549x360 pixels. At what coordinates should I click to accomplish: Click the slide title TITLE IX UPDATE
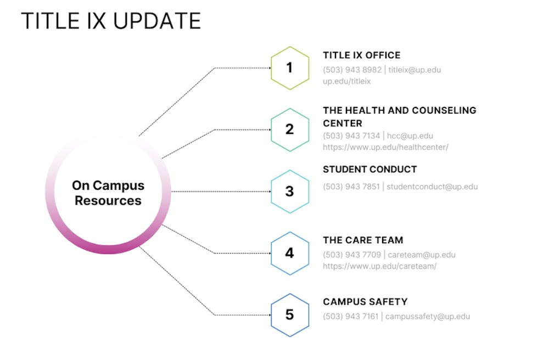(111, 21)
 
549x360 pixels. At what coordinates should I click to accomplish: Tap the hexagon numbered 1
(290, 68)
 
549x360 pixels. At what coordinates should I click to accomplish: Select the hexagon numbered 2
(290, 130)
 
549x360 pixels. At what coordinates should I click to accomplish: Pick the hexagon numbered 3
(290, 192)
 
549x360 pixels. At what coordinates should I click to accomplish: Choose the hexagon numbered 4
(290, 253)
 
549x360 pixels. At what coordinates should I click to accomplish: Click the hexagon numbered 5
(290, 315)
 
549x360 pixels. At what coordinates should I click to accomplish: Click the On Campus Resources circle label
(108, 193)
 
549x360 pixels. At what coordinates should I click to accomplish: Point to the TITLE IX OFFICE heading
(361, 55)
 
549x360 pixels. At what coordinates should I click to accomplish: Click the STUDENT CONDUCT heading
(369, 170)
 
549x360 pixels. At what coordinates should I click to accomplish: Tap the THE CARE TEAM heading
(363, 240)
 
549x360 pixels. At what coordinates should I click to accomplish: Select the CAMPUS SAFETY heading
(365, 302)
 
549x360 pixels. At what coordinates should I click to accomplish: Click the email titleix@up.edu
(414, 70)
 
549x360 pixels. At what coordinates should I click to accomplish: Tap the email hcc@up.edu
(410, 136)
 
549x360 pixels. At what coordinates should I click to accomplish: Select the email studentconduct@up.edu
(432, 187)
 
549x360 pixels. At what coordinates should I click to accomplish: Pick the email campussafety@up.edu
(427, 317)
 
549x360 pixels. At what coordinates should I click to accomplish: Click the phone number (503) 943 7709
(352, 255)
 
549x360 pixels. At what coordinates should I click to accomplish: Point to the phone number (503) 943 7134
(351, 136)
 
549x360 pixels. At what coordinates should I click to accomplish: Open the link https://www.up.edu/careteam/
(379, 266)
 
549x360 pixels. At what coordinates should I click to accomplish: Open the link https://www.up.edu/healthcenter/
(385, 147)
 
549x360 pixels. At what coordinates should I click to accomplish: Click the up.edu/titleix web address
(346, 81)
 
